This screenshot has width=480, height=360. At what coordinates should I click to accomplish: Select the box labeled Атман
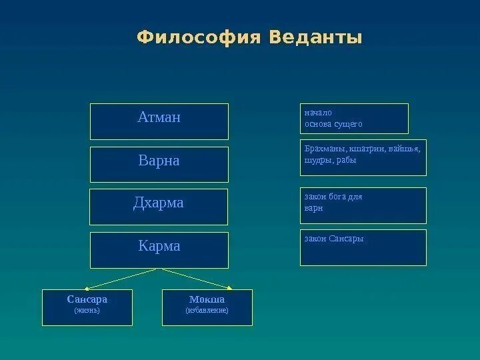(x=159, y=121)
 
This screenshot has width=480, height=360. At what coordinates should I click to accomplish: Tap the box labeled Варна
(x=159, y=164)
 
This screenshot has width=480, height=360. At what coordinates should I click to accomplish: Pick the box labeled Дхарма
(x=159, y=206)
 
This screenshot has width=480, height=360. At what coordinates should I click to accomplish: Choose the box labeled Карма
(x=159, y=249)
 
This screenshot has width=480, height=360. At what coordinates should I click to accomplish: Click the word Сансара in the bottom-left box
(x=87, y=299)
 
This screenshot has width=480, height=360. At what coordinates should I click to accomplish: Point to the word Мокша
(x=207, y=299)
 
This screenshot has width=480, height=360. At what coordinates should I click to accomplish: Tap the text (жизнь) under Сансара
(x=87, y=311)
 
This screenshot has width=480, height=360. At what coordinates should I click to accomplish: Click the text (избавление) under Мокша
(x=207, y=311)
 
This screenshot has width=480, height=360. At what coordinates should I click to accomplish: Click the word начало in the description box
(x=318, y=113)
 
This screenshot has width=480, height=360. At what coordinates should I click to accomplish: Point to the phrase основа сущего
(x=334, y=124)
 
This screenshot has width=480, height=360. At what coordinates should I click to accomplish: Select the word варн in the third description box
(x=313, y=208)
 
